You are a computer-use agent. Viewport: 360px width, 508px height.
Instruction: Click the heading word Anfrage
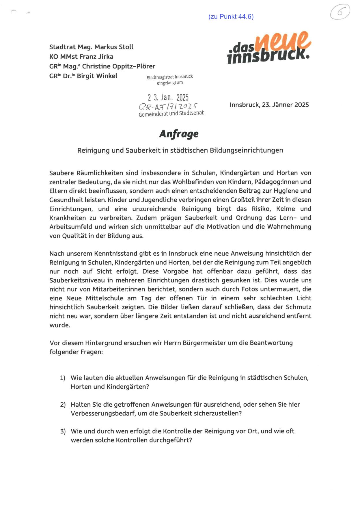point(179,134)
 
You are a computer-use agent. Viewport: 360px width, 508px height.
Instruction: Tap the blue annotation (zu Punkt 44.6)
point(231,17)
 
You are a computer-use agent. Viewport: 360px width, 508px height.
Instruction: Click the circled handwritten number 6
point(340,12)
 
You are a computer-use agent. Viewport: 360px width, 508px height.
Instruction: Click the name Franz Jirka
point(98,57)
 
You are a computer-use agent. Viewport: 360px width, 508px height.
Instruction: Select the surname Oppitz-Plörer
point(134,66)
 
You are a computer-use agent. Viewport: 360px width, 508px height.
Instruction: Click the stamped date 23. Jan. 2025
point(168,97)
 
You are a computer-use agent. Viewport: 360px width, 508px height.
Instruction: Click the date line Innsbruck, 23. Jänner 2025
point(269,105)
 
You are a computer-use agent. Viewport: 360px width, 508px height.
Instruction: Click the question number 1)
point(63,378)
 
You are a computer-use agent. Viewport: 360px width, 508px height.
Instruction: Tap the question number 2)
point(63,405)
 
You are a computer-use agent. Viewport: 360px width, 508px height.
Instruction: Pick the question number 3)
point(63,431)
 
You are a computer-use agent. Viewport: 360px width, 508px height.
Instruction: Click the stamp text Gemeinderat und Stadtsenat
point(171,113)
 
